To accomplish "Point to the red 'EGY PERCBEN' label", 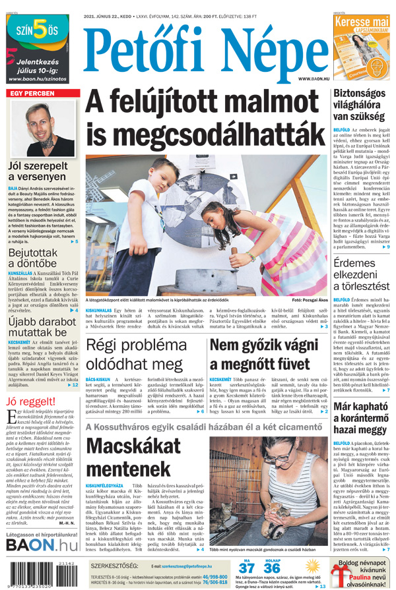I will point(30,94).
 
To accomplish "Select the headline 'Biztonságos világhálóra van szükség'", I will point(359,107).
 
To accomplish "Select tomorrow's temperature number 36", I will point(271,569).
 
